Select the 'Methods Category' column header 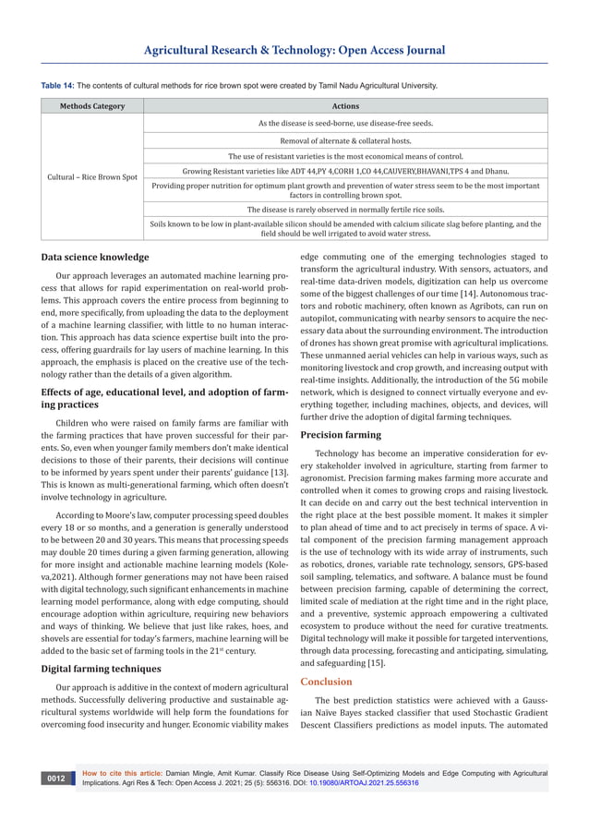[x=92, y=106]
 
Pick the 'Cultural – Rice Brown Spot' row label [x=92, y=176]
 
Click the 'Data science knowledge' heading [x=95, y=257]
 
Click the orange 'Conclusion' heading [x=327, y=682]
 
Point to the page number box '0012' [x=57, y=779]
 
